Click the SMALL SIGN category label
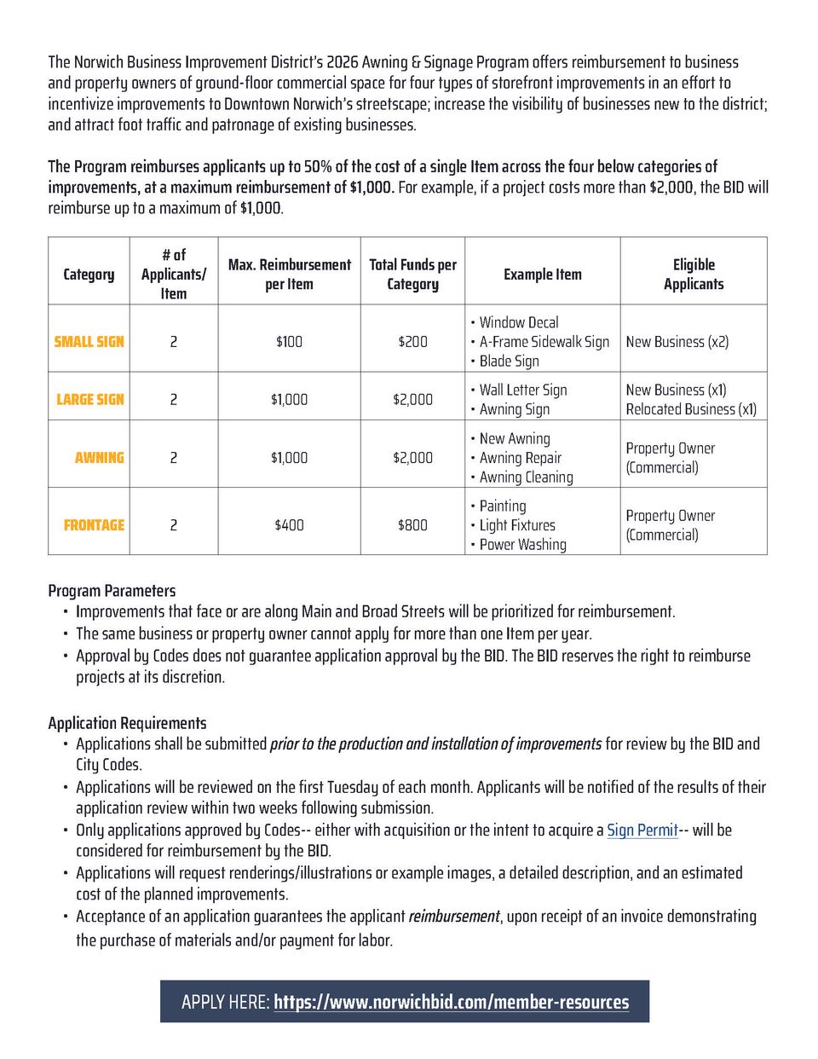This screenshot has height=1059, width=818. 89,341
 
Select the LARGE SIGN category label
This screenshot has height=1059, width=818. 90,399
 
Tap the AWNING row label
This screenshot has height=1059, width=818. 99,457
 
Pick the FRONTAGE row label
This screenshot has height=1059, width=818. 94,524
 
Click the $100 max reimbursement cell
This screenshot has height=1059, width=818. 289,341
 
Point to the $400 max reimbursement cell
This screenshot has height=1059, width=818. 289,524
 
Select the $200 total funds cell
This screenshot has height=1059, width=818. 412,341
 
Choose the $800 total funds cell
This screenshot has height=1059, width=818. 412,524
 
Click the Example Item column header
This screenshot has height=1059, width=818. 542,274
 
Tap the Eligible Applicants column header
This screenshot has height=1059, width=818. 694,274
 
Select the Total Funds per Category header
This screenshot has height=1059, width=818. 412,274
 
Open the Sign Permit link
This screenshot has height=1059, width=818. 642,830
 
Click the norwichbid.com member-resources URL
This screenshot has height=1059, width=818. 451,1002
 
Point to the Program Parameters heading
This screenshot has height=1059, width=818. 112,590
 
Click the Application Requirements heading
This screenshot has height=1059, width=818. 127,722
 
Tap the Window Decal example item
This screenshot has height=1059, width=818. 518,322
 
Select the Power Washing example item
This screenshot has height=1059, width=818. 522,544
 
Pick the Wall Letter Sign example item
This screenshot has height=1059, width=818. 522,390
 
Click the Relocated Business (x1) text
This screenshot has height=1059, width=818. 691,408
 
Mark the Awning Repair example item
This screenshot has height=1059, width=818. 520,458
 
